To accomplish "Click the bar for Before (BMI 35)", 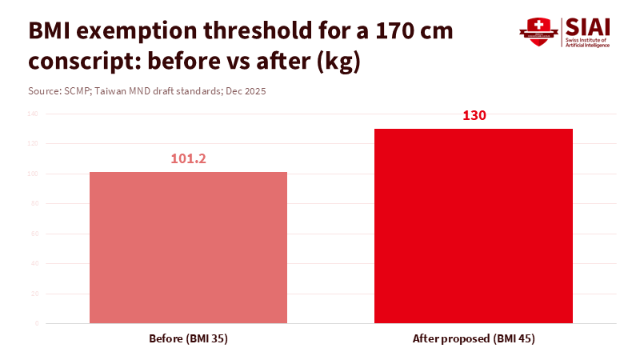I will click(188, 247).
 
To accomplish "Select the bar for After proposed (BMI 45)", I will click(474, 226).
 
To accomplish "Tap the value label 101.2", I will click(188, 158).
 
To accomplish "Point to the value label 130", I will click(474, 115).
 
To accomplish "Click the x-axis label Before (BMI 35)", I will click(188, 338).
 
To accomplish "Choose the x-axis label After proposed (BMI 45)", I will click(474, 338).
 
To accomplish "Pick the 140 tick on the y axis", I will click(33, 114).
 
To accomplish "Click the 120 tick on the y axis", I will click(33, 143).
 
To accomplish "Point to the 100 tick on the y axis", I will click(33, 174).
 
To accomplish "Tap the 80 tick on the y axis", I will click(34, 203).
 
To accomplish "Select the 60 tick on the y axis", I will click(34, 234).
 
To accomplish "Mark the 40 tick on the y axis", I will click(34, 263).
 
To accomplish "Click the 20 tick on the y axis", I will click(34, 294).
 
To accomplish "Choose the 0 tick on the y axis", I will click(36, 323).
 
